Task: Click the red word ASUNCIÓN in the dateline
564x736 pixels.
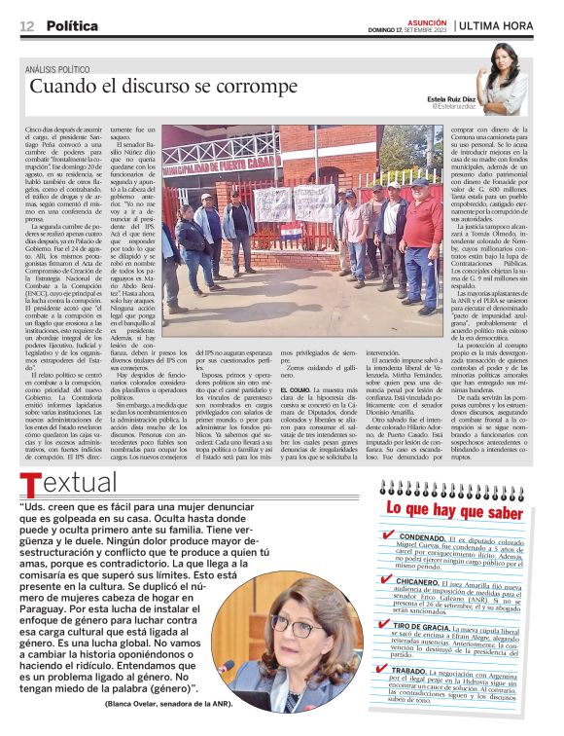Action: pyautogui.click(x=427, y=19)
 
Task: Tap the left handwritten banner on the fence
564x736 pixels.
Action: pyautogui.click(x=272, y=203)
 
